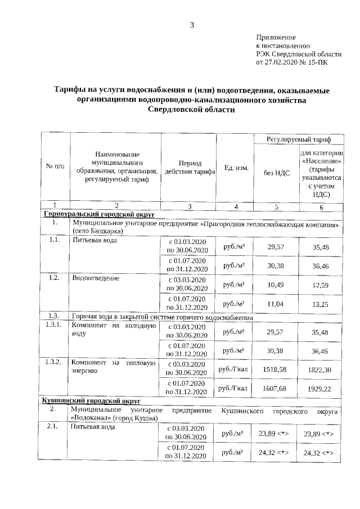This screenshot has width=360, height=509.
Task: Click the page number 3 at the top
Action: pos(192,24)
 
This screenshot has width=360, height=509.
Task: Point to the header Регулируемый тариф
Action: pos(298,138)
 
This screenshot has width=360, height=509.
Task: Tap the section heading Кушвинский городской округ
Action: pos(91,400)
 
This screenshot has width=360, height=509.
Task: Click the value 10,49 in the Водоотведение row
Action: pos(276,285)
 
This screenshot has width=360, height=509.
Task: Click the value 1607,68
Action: pos(275,389)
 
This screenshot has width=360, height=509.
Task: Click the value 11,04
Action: pos(276,304)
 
